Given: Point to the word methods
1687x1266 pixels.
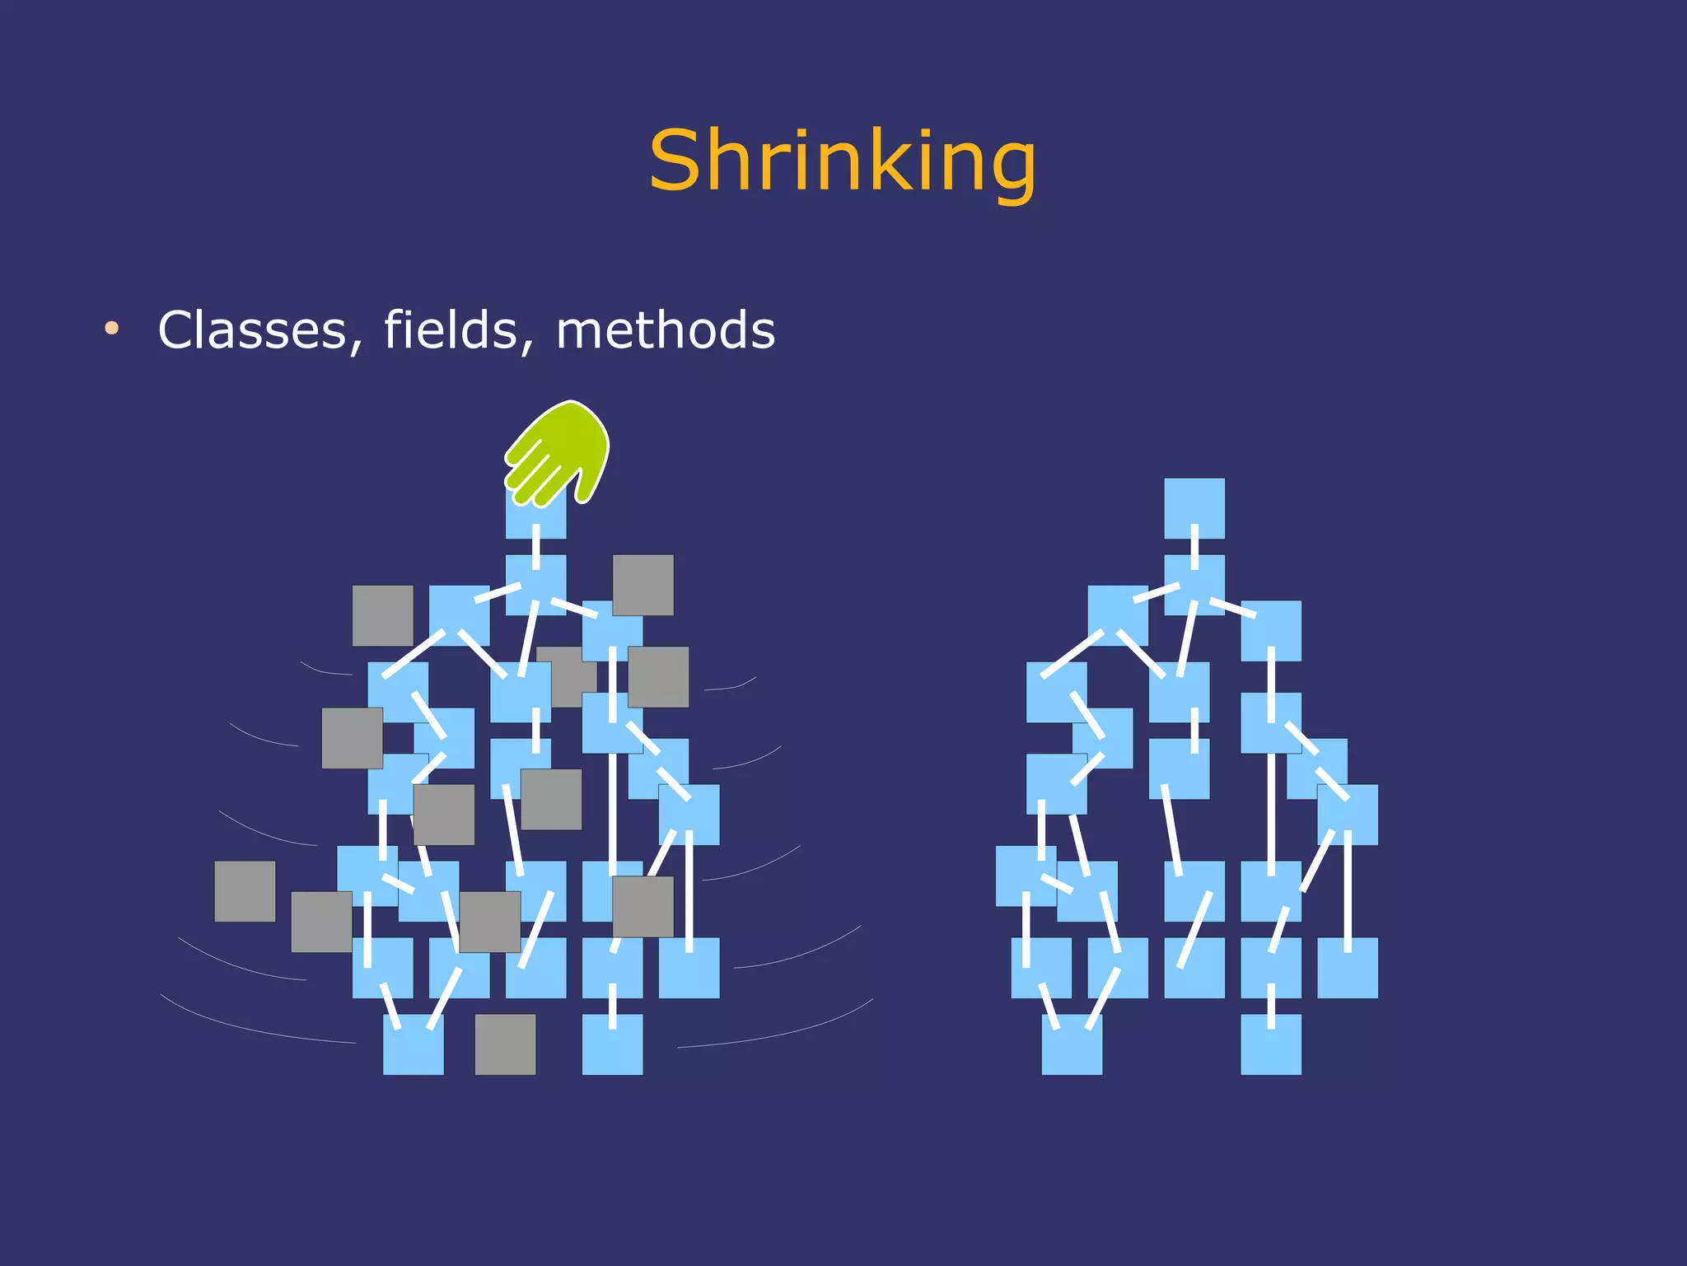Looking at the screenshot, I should click(x=666, y=329).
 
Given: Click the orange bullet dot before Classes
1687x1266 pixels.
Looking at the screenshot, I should click(x=112, y=329).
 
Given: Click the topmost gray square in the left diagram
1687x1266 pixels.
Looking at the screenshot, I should click(x=643, y=585).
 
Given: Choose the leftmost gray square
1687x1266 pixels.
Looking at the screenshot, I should click(x=245, y=891).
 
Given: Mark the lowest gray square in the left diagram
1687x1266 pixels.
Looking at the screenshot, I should click(x=505, y=1044).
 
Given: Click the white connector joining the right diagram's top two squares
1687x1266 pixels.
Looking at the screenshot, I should click(x=1194, y=545).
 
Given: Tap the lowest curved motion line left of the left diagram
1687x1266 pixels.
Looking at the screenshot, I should click(x=255, y=1025).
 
